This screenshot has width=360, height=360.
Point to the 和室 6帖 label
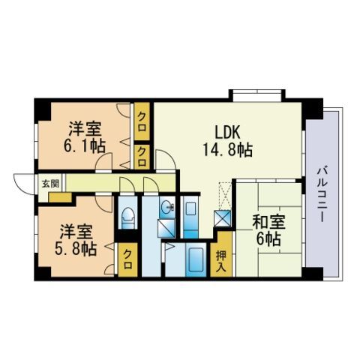pos(266,230)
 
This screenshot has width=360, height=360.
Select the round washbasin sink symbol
pos(166,208)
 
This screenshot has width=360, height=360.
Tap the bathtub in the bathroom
pos(196,260)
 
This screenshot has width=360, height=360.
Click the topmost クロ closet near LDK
pos(142,119)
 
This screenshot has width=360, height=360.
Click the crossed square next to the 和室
pos(223,219)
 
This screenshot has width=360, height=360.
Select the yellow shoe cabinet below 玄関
pos(60,196)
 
